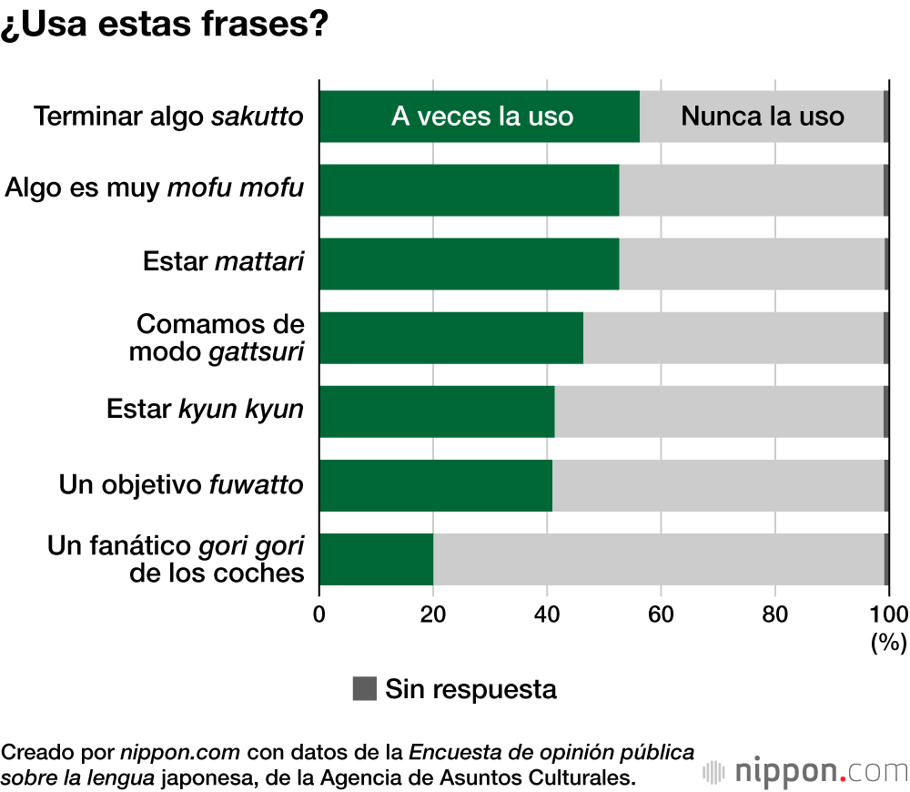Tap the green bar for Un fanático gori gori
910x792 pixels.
376,559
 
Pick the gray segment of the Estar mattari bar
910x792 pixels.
752,264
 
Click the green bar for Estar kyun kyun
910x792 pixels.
437,411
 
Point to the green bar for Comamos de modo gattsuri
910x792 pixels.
450,338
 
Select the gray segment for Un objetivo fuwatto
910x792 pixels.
718,485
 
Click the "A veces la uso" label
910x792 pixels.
482,117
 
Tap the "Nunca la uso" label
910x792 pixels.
763,117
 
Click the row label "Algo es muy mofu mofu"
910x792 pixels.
154,189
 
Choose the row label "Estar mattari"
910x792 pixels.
223,262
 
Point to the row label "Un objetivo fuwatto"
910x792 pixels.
181,484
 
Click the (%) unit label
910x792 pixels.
888,643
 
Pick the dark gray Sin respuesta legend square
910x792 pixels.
364,689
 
